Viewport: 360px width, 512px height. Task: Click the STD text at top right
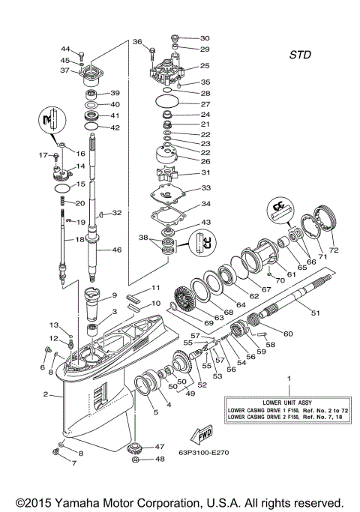299,55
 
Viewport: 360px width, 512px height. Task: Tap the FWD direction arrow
200,435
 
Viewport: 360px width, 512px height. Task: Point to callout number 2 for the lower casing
46,394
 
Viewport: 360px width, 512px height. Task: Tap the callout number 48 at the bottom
159,459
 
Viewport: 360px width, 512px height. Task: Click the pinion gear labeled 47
138,450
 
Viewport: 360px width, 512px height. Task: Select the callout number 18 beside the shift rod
68,239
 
